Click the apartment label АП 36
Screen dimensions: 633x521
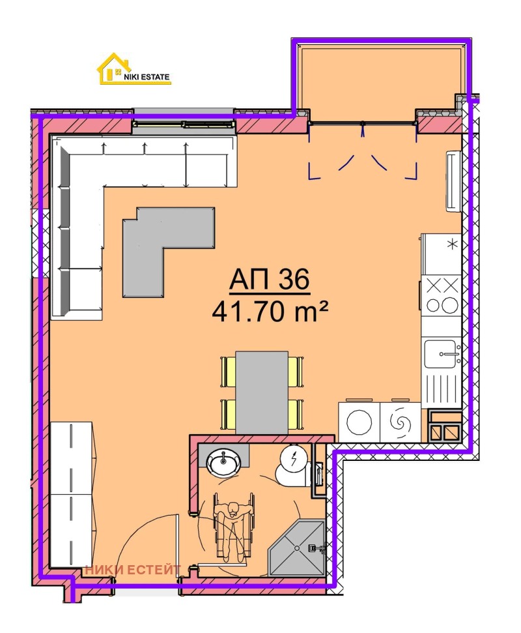click(x=268, y=280)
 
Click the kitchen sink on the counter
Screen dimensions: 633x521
click(x=443, y=355)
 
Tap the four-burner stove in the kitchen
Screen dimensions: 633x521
click(x=443, y=294)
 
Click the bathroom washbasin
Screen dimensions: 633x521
click(x=223, y=463)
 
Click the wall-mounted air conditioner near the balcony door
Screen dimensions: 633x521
click(x=453, y=181)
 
